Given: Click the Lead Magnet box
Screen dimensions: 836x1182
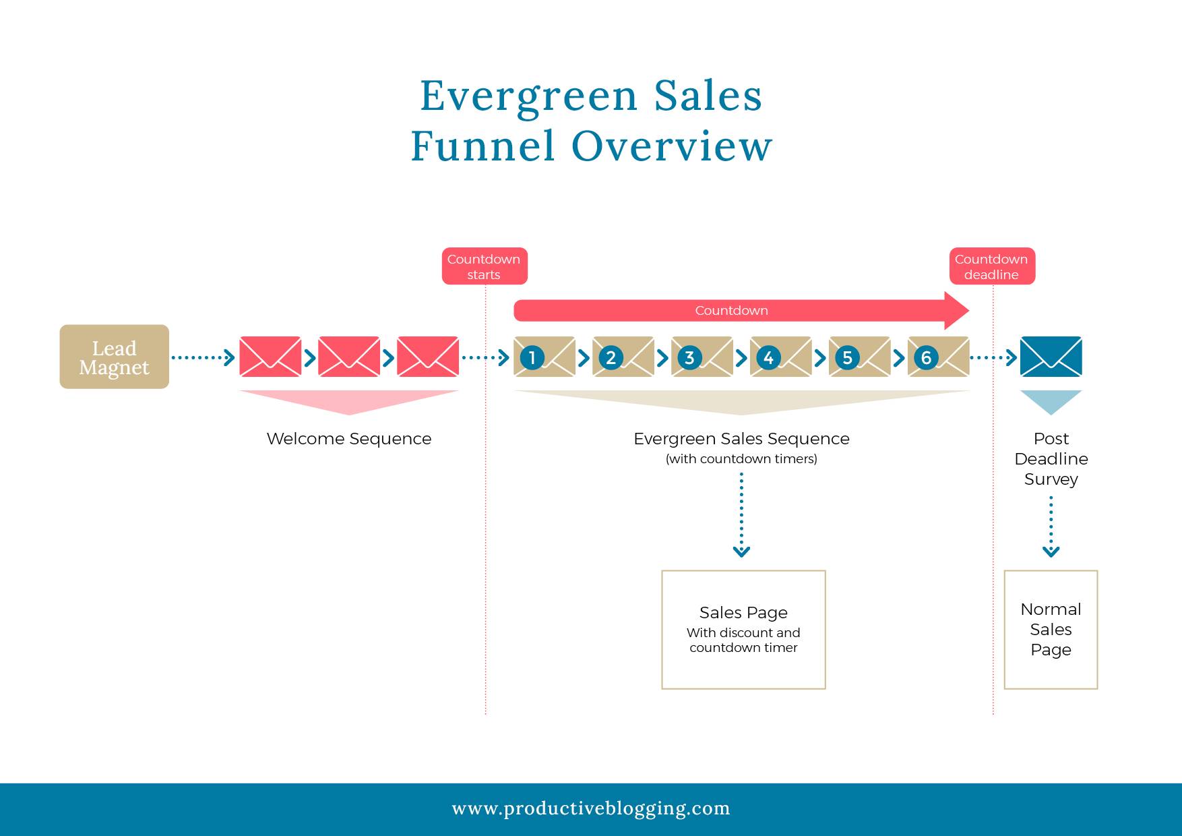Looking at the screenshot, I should pos(114,357).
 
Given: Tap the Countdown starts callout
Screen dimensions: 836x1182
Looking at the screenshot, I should pos(484,266).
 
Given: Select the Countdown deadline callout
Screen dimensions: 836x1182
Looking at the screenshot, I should pos(991,266).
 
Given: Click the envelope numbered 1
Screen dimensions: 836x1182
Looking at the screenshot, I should pos(545,357).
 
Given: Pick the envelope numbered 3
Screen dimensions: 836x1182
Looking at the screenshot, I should pos(702,357).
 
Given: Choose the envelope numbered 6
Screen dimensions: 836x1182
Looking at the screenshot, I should pos(939,357).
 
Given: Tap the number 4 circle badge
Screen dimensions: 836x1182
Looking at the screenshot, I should pos(768,357).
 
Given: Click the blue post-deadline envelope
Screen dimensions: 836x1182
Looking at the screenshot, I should pos(1051,357).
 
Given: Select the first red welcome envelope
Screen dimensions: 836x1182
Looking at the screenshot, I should pos(270,357).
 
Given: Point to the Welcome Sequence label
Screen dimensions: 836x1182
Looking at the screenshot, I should pos(348,439).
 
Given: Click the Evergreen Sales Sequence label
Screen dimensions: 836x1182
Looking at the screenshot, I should pos(741,439).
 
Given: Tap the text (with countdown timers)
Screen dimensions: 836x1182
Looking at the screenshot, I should pos(741,459).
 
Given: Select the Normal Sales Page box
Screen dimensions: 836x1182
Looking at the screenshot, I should pos(1051,630).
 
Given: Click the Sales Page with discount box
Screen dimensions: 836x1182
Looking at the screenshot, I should pos(743,630).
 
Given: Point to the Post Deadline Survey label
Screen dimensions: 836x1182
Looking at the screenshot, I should pos(1051,458).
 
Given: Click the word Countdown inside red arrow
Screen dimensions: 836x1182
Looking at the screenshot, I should pos(731,311).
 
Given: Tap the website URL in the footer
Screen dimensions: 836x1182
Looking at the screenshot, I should pos(591,808).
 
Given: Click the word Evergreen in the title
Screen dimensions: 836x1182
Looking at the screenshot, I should pos(528,96).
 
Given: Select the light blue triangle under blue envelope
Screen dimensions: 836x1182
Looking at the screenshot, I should pos(1051,400).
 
